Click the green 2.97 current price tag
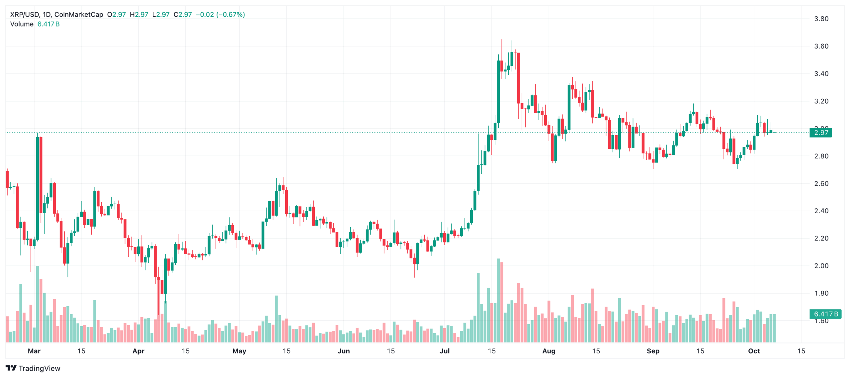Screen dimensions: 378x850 tap(821, 133)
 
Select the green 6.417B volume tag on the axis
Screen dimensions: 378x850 tap(825, 314)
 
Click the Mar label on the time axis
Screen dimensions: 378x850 tap(34, 351)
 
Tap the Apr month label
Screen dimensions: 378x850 tap(138, 351)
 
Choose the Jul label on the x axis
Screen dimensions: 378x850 tap(444, 351)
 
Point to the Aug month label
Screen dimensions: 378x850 tap(549, 351)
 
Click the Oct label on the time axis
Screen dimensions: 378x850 tap(754, 351)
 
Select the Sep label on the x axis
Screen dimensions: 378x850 tap(653, 351)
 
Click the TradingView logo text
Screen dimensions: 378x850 tap(39, 368)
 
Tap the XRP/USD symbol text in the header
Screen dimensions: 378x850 tap(25, 15)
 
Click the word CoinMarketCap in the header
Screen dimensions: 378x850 tap(79, 15)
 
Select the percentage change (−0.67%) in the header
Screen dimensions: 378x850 tap(230, 15)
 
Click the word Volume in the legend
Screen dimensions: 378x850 tap(22, 24)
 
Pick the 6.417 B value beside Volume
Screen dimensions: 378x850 tap(48, 24)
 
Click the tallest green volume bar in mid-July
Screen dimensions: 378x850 tap(498, 299)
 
